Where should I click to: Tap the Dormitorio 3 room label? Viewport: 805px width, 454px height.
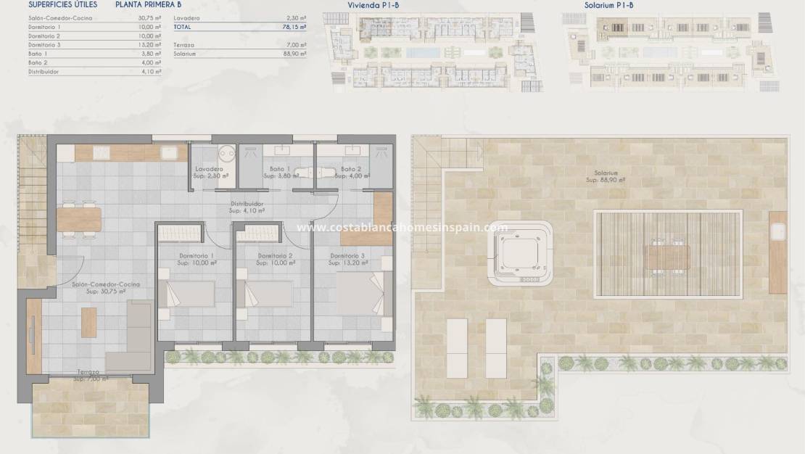click(347, 256)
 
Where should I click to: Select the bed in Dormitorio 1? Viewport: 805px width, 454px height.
click(190, 294)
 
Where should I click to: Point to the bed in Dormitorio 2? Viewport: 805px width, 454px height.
click(268, 294)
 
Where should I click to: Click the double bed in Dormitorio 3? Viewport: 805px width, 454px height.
click(363, 294)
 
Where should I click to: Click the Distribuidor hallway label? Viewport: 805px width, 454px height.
click(247, 204)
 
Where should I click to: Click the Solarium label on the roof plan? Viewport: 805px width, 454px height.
click(603, 173)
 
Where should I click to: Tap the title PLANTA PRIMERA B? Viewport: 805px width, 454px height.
click(148, 4)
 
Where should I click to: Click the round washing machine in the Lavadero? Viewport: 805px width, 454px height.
click(226, 153)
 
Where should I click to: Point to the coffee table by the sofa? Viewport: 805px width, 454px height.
click(89, 321)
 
